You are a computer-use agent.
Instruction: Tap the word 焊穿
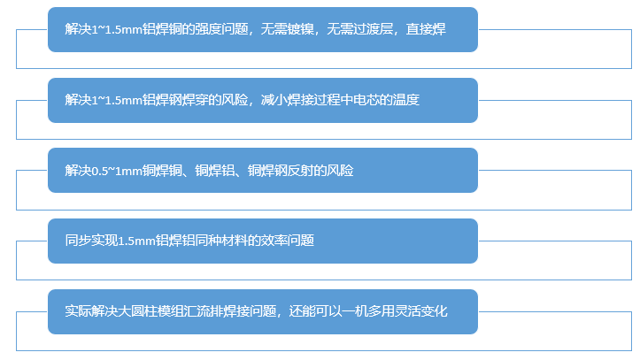pos(203,100)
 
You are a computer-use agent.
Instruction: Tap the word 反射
pos(301,170)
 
